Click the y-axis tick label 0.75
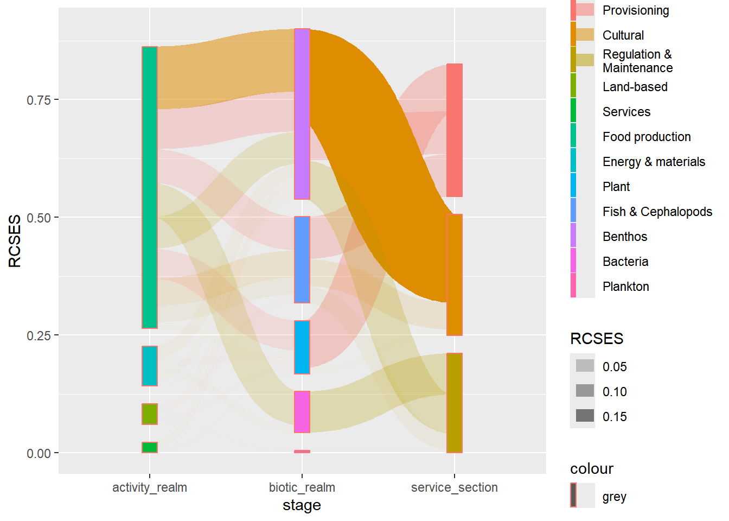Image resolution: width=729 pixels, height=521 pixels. tap(39, 100)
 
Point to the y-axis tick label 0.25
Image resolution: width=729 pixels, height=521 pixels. tap(39, 335)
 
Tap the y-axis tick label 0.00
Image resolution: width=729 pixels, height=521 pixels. tap(39, 453)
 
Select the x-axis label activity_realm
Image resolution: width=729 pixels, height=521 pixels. tap(150, 487)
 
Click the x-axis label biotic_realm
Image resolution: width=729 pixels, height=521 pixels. tap(302, 487)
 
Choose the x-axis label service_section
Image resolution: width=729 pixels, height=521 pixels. tap(455, 487)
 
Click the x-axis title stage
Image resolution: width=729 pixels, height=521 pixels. tap(302, 505)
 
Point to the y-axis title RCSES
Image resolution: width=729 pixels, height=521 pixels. tap(15, 241)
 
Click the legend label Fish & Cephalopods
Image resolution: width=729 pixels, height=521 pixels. tap(657, 212)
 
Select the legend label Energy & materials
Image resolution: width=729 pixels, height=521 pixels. tap(654, 162)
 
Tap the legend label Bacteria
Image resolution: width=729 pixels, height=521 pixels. tap(625, 262)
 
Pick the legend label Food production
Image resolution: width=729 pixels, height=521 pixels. tap(647, 137)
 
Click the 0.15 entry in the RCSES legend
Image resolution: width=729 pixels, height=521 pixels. tap(615, 417)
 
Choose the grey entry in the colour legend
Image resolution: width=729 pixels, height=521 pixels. tap(614, 497)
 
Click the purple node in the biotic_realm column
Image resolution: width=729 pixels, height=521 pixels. tap(302, 114)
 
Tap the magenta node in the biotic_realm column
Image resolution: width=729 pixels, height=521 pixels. tap(302, 412)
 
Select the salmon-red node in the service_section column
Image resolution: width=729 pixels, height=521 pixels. tap(455, 130)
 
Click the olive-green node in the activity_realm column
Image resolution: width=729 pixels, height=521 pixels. tap(150, 414)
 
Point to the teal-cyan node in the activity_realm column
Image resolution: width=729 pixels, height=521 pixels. tap(150, 366)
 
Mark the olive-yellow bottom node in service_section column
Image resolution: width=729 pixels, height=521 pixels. tap(455, 403)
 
